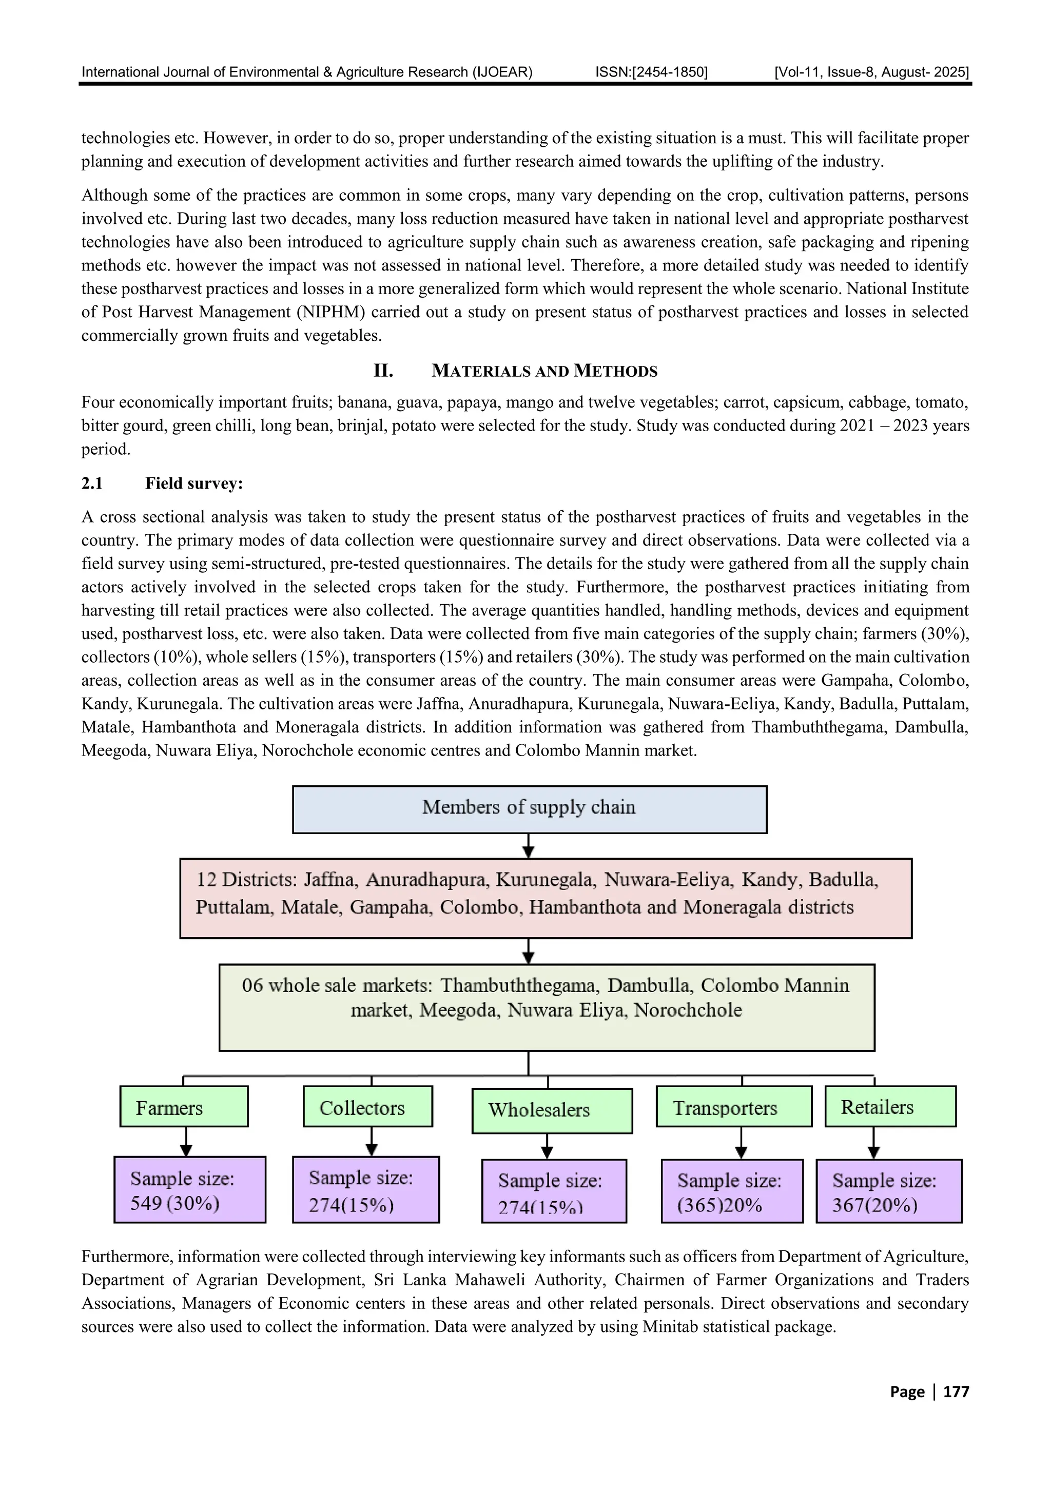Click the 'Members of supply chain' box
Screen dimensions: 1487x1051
pyautogui.click(x=529, y=809)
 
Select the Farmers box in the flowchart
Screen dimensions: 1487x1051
pyautogui.click(x=184, y=1107)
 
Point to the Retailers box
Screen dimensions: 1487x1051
pyautogui.click(x=890, y=1107)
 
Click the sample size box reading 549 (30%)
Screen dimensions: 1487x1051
pyautogui.click(x=190, y=1190)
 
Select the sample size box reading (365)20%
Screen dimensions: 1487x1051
pyautogui.click(x=732, y=1191)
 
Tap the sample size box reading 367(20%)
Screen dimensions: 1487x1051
pyautogui.click(x=888, y=1191)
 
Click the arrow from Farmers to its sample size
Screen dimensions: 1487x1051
pyautogui.click(x=186, y=1142)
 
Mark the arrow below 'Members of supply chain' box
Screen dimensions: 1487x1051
pyautogui.click(x=529, y=845)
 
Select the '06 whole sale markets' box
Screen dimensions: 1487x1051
pyautogui.click(x=547, y=1007)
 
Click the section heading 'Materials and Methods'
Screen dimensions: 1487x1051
pyautogui.click(x=544, y=371)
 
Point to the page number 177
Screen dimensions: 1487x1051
pyautogui.click(x=956, y=1391)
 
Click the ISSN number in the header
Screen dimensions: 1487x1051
pyautogui.click(x=651, y=72)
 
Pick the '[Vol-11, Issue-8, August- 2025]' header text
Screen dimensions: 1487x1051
pyautogui.click(x=871, y=72)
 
